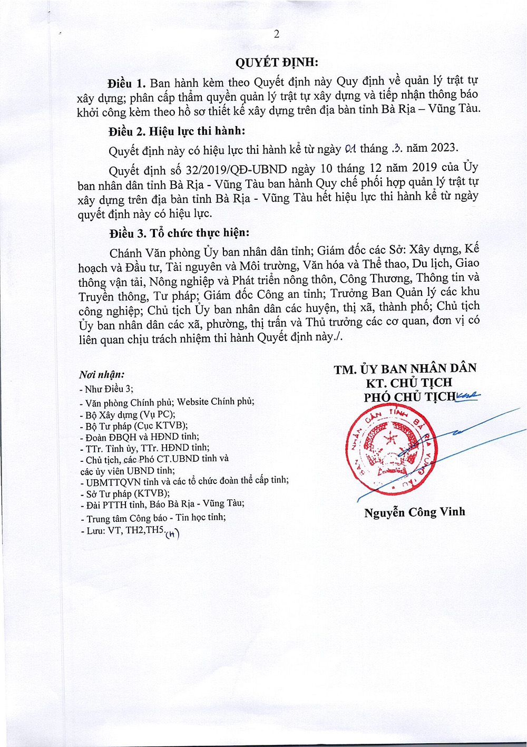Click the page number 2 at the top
click(x=276, y=34)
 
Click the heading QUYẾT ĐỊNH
click(x=276, y=62)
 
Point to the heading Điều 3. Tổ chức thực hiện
click(x=179, y=233)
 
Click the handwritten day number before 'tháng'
click(x=350, y=149)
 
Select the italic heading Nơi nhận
click(x=102, y=375)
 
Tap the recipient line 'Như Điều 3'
click(x=106, y=389)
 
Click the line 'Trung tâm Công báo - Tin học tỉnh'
click(x=153, y=518)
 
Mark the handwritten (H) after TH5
click(x=172, y=534)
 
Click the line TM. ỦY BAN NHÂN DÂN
click(x=405, y=368)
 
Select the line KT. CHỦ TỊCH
click(x=409, y=383)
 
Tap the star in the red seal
click(x=391, y=439)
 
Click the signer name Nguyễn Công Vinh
click(x=415, y=512)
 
